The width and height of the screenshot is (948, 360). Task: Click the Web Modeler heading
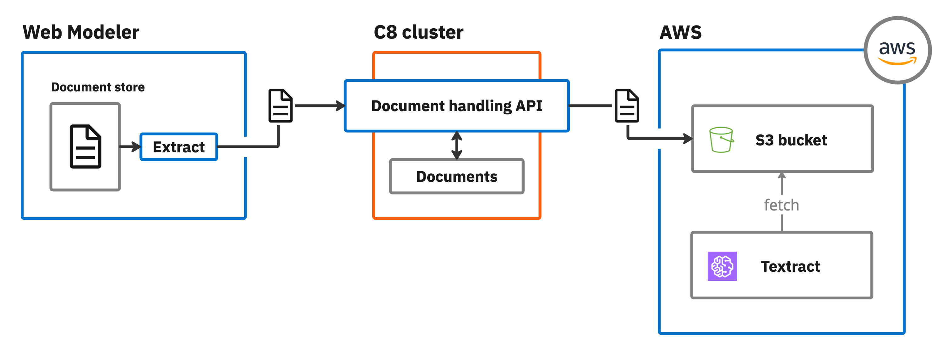point(81,32)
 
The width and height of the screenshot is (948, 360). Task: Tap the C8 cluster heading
point(418,32)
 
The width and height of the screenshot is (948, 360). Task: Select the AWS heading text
point(680,32)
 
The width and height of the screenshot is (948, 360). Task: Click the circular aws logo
point(897,51)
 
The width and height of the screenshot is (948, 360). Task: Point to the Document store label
point(97,87)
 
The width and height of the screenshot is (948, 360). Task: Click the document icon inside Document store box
point(85,146)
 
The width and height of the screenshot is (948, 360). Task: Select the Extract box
point(179,147)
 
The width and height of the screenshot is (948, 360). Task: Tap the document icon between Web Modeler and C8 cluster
point(281,106)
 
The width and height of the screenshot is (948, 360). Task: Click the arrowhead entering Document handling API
point(341,106)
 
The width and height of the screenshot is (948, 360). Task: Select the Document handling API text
point(456,106)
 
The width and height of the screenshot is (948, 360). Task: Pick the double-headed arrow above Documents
point(457,145)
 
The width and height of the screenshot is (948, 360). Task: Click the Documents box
point(456,177)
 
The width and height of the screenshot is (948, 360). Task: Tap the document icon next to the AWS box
point(627,106)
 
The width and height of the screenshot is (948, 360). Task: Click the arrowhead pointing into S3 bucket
point(688,139)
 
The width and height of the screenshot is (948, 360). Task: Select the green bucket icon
point(721,140)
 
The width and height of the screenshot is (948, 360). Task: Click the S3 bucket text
point(791,140)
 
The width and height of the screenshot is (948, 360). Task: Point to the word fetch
point(781,205)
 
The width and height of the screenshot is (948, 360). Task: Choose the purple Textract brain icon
point(722,266)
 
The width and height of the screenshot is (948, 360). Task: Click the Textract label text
point(790,266)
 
